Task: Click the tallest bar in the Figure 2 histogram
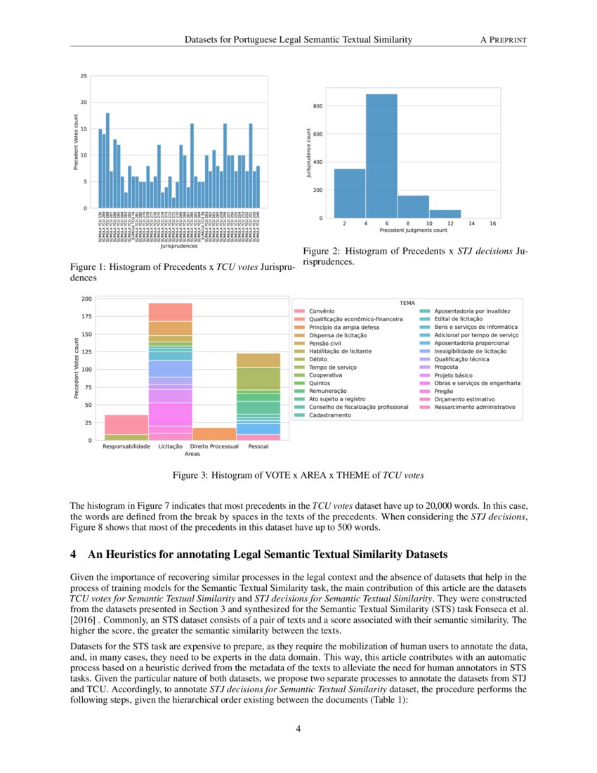[x=381, y=156]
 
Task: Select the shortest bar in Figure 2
[x=445, y=214]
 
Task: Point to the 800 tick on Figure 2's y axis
[x=318, y=106]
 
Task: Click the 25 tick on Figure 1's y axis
[x=84, y=76]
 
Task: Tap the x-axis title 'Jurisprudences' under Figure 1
[x=179, y=247]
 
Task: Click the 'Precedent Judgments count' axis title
[x=413, y=230]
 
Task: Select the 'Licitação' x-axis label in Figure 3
[x=171, y=447]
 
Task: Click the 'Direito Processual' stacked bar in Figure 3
[x=214, y=434]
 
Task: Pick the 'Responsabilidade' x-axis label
[x=126, y=447]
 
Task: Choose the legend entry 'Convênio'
[x=322, y=311]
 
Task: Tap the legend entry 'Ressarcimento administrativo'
[x=475, y=407]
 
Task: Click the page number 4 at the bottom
[x=298, y=729]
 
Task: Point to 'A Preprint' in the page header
[x=503, y=41]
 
